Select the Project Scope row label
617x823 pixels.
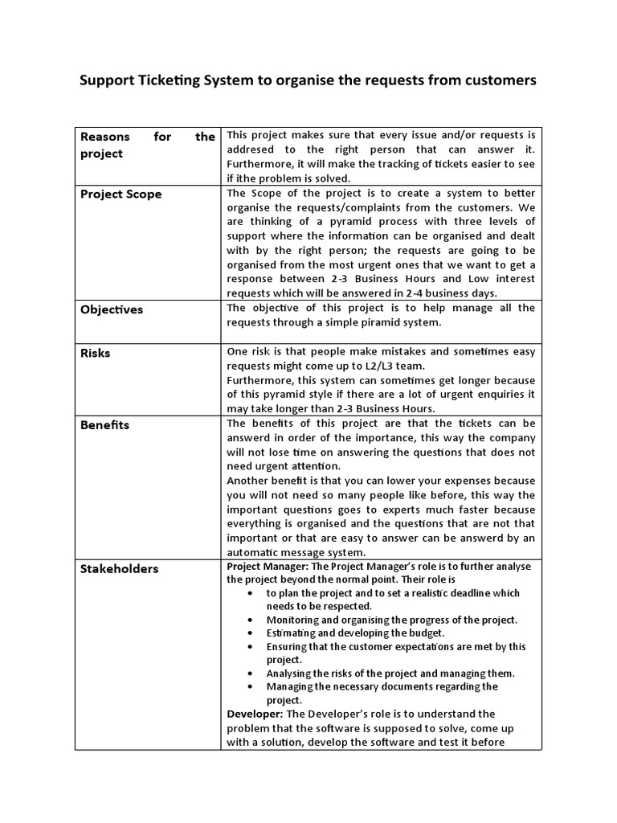tap(121, 194)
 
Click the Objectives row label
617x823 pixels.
tap(112, 309)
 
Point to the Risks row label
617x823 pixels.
tap(96, 353)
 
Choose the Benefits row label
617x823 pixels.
tap(104, 424)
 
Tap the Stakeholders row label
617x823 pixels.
tap(119, 569)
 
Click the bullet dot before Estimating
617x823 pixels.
tap(251, 633)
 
